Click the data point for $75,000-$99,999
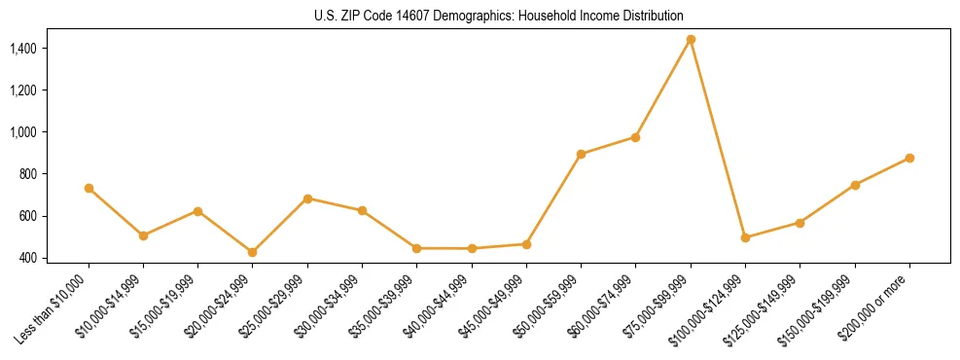pyautogui.click(x=691, y=40)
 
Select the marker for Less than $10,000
pyautogui.click(x=89, y=188)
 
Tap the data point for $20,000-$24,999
pyautogui.click(x=253, y=252)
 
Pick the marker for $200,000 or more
pyautogui.click(x=909, y=158)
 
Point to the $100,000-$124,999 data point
pyautogui.click(x=745, y=237)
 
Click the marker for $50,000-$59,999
pyautogui.click(x=581, y=154)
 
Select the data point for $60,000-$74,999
pyautogui.click(x=635, y=137)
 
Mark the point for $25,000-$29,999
pyautogui.click(x=307, y=198)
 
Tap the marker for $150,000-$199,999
pyautogui.click(x=855, y=185)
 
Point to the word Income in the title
pyautogui.click(x=603, y=16)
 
